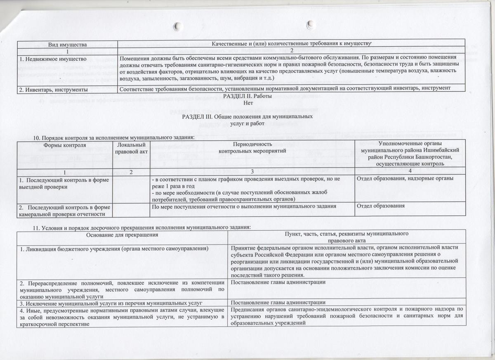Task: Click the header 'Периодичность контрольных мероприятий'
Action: tap(252, 149)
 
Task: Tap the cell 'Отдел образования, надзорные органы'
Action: tap(405, 178)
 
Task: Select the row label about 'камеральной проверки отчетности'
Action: tap(62, 210)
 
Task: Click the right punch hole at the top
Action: tap(311, 26)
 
